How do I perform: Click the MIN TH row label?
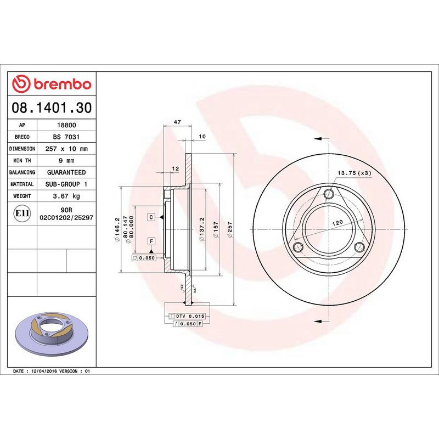22,161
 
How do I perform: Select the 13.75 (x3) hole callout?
354,173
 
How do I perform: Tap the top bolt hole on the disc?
329,194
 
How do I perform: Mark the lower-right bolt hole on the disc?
359,246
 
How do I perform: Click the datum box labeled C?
150,217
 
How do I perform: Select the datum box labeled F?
150,241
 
